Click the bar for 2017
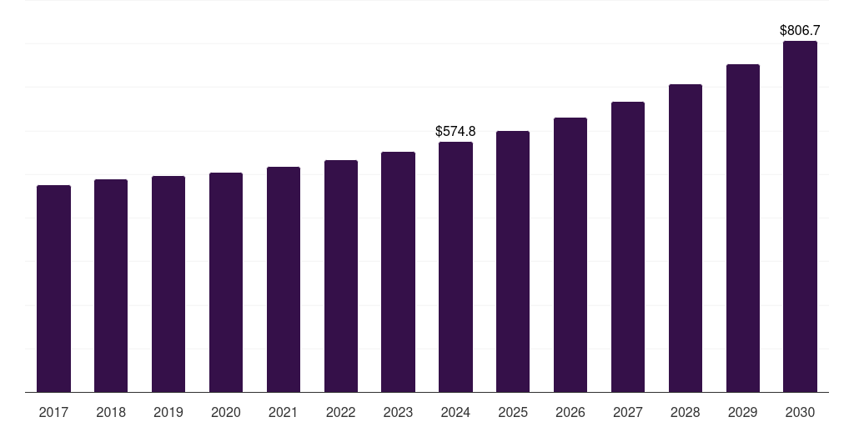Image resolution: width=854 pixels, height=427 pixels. click(53, 289)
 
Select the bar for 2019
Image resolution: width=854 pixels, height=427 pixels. click(168, 284)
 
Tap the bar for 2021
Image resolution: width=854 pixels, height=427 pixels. click(284, 279)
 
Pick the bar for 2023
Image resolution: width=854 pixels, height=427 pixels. click(398, 272)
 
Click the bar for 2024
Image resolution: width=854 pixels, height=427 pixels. click(455, 267)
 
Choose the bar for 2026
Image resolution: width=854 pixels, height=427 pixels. click(570, 254)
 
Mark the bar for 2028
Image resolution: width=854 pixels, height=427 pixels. click(686, 238)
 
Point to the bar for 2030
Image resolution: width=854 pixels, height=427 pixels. click(800, 216)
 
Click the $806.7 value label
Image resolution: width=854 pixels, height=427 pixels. click(800, 30)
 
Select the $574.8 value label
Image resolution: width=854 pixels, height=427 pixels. click(455, 131)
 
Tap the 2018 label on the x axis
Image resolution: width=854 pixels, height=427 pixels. click(111, 412)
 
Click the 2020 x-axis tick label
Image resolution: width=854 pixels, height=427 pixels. click(226, 412)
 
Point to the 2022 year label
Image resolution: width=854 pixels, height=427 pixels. click(340, 412)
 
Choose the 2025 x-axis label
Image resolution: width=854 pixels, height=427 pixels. click(513, 412)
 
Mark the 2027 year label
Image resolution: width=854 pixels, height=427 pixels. click(628, 412)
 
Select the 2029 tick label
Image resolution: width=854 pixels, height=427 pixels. click(742, 412)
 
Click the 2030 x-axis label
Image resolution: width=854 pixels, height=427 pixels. click(800, 412)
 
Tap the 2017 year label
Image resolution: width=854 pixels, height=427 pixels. click(53, 412)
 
